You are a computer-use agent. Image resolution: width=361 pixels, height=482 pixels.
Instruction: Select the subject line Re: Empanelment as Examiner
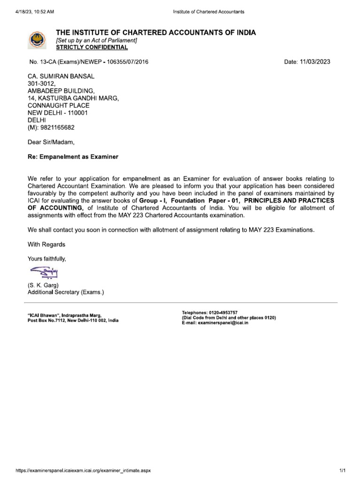point(73,157)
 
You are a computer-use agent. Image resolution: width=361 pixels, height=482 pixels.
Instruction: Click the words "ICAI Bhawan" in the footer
point(44,315)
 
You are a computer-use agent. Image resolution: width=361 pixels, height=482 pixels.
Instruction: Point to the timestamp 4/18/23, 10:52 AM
point(35,11)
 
